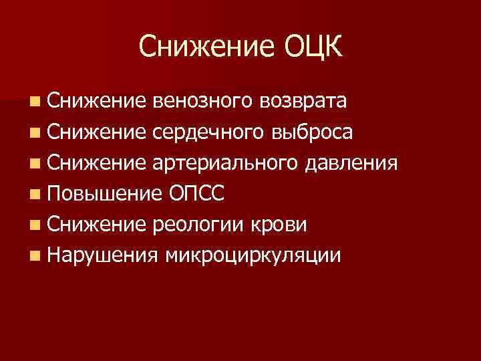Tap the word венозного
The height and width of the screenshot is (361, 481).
[202, 102]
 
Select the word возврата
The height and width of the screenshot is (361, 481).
[304, 102]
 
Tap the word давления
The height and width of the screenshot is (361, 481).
[351, 163]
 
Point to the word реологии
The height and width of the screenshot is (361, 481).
[199, 225]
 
